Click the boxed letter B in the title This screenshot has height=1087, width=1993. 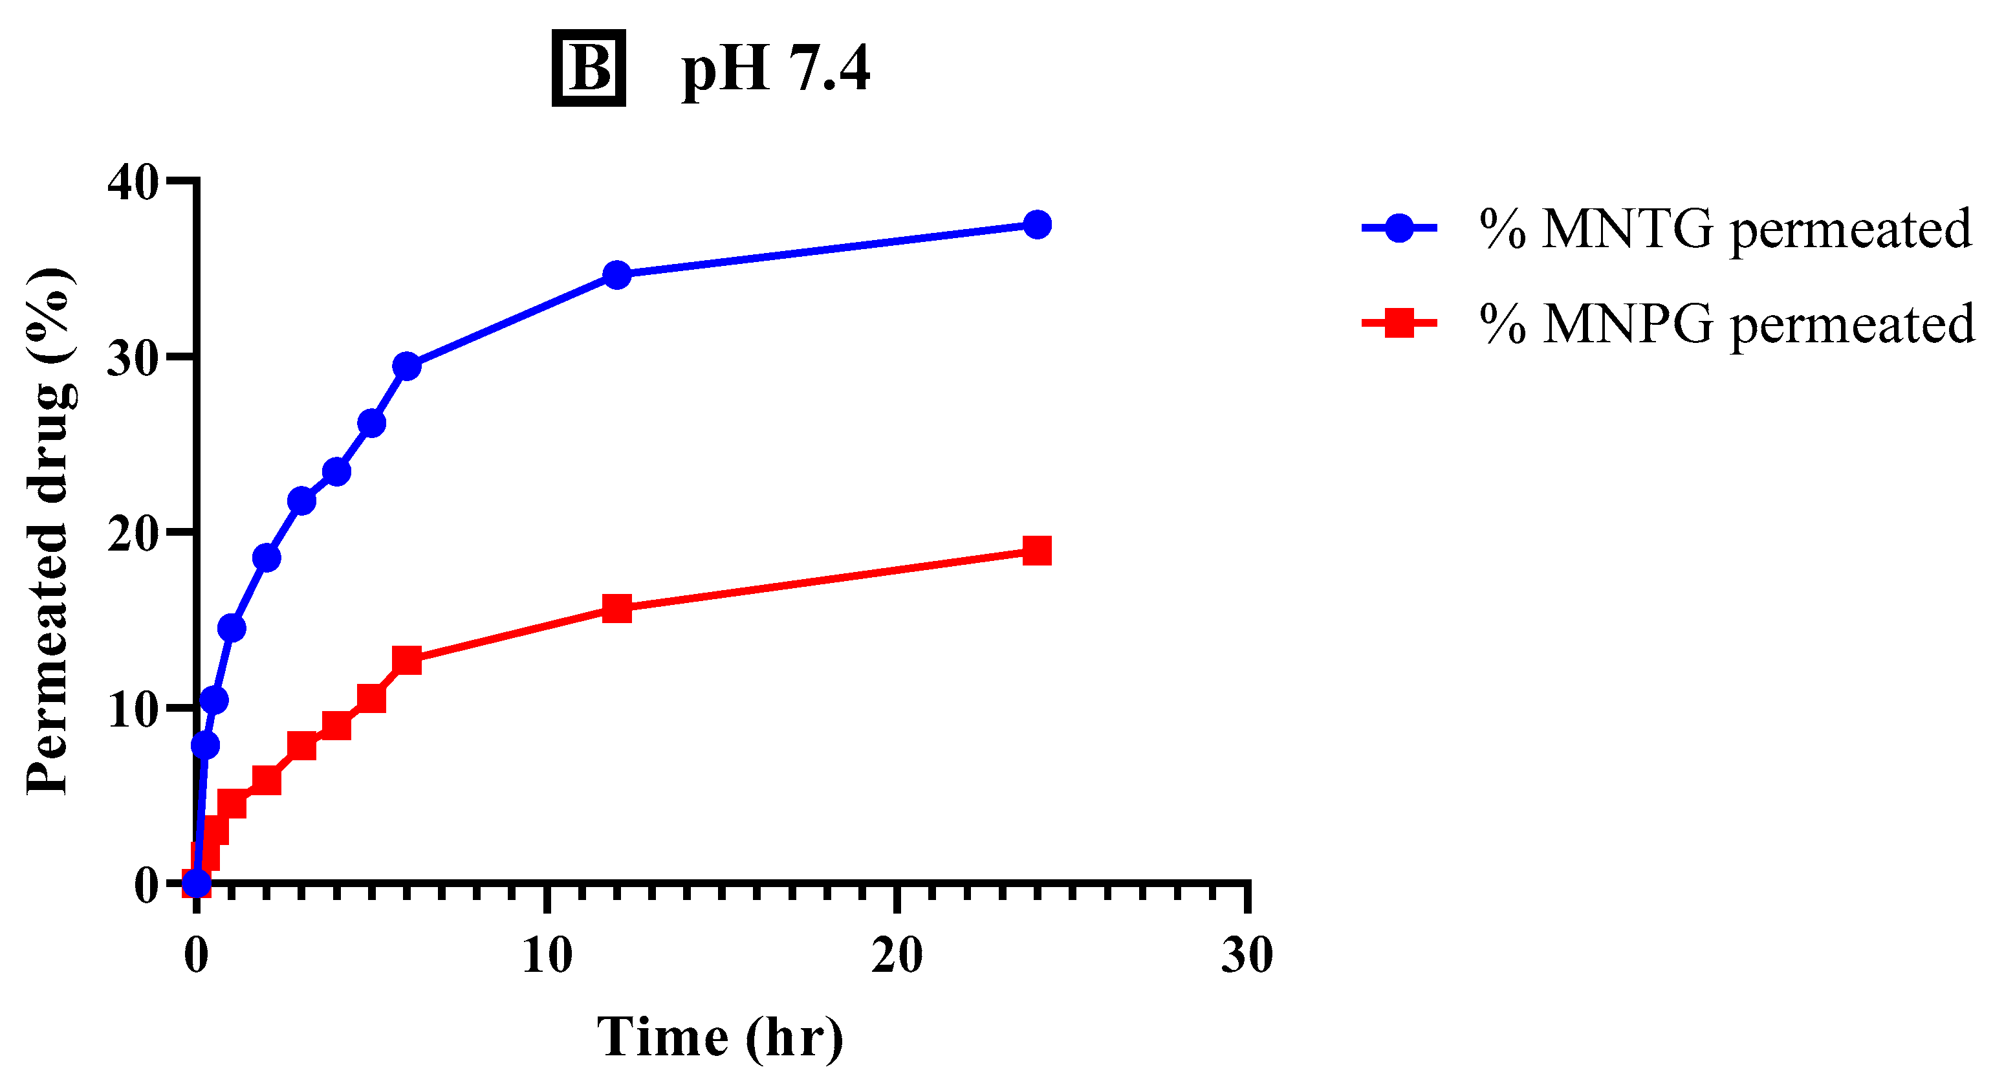pos(588,68)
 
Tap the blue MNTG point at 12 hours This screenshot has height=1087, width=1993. pos(616,274)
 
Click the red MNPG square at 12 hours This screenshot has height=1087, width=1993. pos(616,609)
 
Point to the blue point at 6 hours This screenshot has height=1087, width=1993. pos(406,366)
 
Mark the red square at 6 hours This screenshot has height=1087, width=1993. pos(406,660)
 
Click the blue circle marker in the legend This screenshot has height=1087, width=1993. pos(1399,228)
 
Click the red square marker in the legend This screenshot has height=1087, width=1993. pos(1399,324)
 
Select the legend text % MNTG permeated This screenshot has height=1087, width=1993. pos(1725,230)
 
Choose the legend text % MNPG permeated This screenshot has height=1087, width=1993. pos(1727,325)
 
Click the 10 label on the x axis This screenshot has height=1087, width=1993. pos(547,956)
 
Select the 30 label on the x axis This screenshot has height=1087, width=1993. pos(1247,956)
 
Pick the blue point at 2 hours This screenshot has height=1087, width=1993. pos(266,557)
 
